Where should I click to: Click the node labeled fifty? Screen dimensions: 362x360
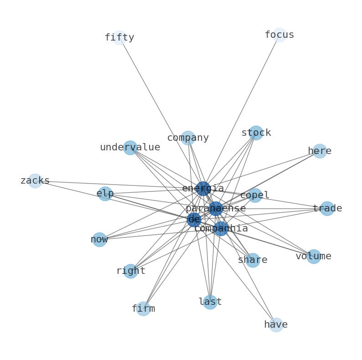pyautogui.click(x=119, y=38)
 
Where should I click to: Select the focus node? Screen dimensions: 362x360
pyautogui.click(x=279, y=35)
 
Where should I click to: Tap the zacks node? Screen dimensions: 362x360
pyautogui.click(x=35, y=181)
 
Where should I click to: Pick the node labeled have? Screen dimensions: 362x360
pyautogui.click(x=276, y=325)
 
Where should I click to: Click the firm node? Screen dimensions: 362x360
pyautogui.click(x=143, y=309)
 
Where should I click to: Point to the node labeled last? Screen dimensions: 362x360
pyautogui.click(x=210, y=302)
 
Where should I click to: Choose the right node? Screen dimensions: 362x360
pyautogui.click(x=131, y=271)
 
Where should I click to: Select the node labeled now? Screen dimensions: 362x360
pyautogui.click(x=99, y=240)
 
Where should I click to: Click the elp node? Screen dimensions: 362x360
pyautogui.click(x=105, y=194)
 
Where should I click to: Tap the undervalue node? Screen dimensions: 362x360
pyautogui.click(x=130, y=148)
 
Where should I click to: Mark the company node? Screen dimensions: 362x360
pyautogui.click(x=188, y=138)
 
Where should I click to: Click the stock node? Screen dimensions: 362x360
pyautogui.click(x=256, y=133)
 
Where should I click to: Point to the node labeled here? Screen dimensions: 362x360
pyautogui.click(x=320, y=151)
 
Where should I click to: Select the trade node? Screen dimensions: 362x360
pyautogui.click(x=327, y=208)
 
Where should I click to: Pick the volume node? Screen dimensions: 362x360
pyautogui.click(x=314, y=257)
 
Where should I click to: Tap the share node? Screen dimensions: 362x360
pyautogui.click(x=253, y=260)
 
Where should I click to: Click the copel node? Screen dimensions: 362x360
pyautogui.click(x=255, y=195)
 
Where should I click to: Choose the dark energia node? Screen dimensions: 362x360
pyautogui.click(x=203, y=189)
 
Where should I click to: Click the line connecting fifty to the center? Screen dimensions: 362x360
pyautogui.click(x=161, y=113)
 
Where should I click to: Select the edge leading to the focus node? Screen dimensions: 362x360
pyautogui.click(x=241, y=112)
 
